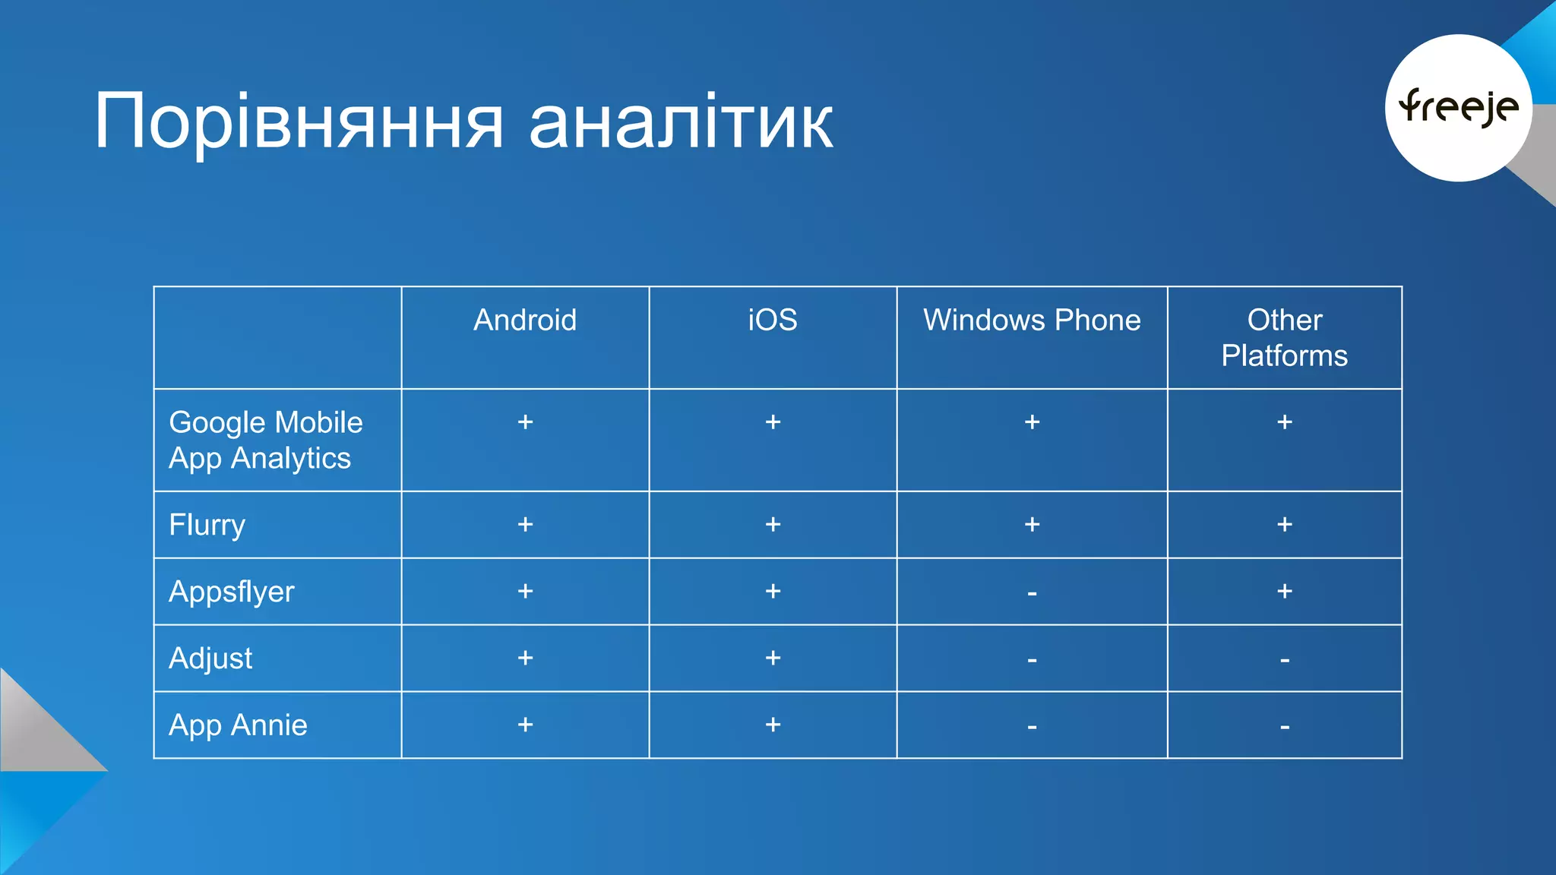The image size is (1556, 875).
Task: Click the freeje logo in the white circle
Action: (x=1458, y=107)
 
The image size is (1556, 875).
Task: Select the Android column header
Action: (x=525, y=320)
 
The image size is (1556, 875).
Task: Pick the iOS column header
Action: (x=773, y=320)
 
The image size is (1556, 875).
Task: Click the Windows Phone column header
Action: (x=1032, y=320)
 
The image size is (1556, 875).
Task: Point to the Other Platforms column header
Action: (x=1284, y=338)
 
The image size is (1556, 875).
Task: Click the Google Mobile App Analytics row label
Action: (x=265, y=441)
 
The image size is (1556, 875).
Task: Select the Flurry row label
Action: (x=207, y=525)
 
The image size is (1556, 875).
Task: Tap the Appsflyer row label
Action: (x=231, y=592)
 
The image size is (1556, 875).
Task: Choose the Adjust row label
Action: (x=210, y=659)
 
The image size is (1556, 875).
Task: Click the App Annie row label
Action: (x=238, y=725)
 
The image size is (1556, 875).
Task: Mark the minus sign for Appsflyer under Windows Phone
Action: (x=1032, y=593)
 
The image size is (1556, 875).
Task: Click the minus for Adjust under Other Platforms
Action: (x=1284, y=660)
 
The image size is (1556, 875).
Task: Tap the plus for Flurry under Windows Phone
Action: (x=1032, y=524)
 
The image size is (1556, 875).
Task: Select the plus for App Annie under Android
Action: (x=525, y=725)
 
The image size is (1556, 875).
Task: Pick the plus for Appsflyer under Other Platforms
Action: (x=1284, y=591)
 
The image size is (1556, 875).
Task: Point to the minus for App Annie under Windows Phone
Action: (x=1032, y=727)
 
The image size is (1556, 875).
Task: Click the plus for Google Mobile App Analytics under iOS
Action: (x=773, y=422)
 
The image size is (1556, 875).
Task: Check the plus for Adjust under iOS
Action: (x=773, y=658)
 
